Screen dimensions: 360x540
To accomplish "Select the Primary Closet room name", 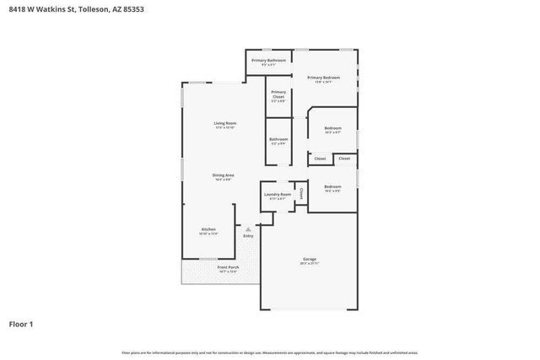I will [278, 94].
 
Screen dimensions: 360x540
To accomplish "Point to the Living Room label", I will [224, 123].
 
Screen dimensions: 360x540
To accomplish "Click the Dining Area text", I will [224, 175].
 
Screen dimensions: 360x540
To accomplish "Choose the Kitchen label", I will [208, 229].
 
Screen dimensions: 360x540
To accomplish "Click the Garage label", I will [310, 259].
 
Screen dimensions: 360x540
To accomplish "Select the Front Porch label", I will [229, 267].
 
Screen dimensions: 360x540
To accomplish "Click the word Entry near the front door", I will [248, 236].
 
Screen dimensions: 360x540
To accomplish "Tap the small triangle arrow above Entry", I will [248, 228].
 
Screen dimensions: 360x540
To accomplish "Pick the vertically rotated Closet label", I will [300, 193].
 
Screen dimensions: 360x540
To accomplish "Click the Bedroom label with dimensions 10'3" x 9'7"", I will [332, 128].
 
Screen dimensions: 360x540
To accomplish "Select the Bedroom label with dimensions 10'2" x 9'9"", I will [332, 186].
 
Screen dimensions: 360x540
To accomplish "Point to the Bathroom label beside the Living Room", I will [278, 139].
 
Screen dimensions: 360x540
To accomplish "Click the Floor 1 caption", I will [22, 324].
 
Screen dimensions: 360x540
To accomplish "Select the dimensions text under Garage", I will [310, 264].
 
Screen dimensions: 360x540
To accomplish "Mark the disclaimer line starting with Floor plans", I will [270, 352].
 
